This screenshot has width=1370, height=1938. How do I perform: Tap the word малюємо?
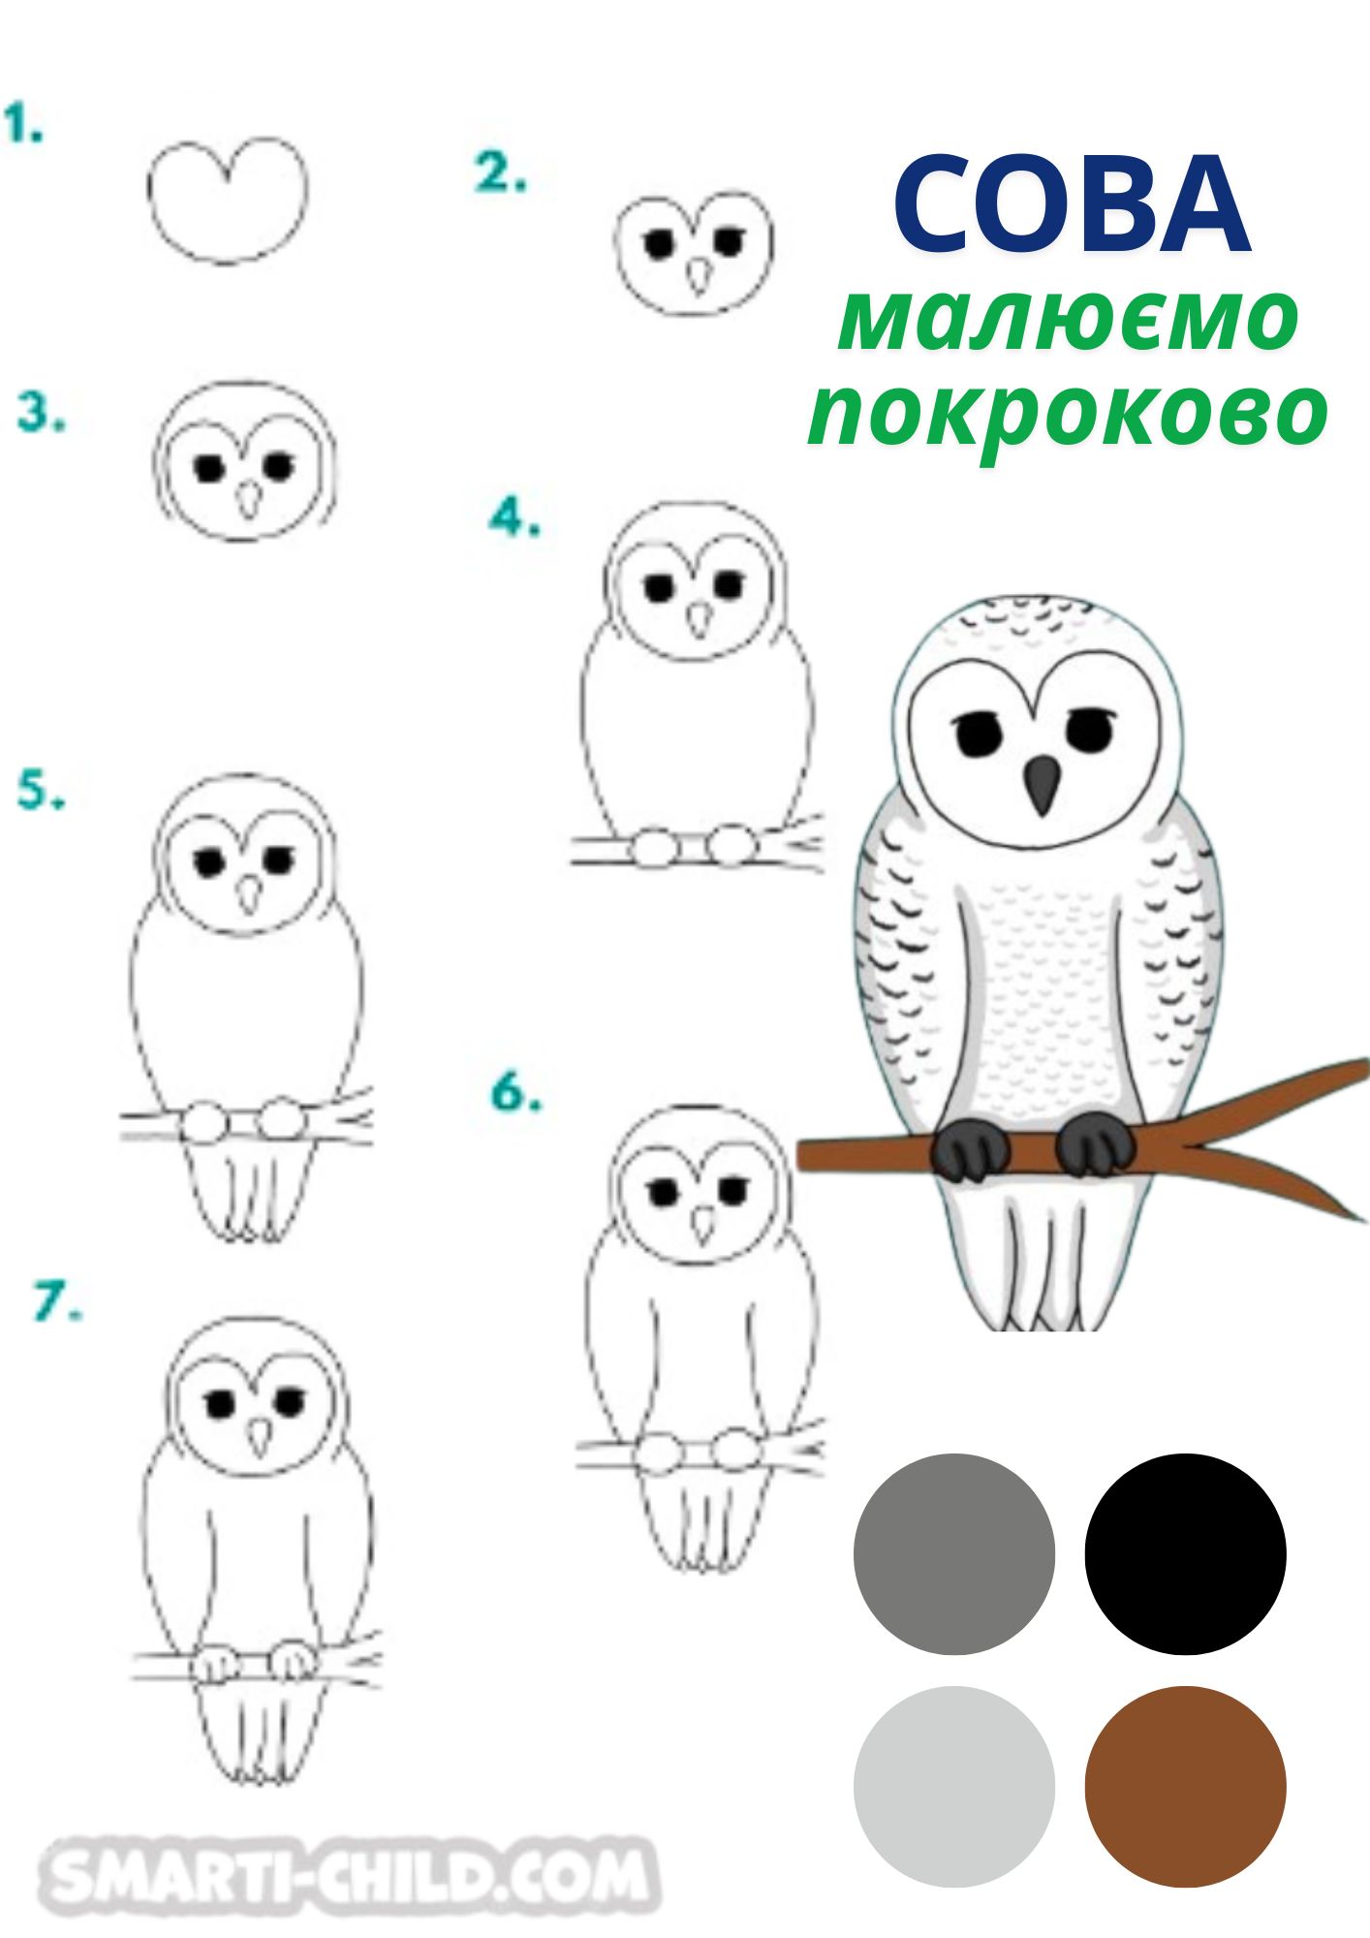click(1068, 319)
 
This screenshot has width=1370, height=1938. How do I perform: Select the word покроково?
click(1068, 415)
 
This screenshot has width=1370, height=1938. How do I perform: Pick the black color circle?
click(1185, 1554)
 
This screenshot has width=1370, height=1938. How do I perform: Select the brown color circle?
click(1185, 1787)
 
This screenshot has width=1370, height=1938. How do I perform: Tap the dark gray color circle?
click(954, 1554)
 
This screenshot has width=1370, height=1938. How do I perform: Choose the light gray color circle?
click(954, 1787)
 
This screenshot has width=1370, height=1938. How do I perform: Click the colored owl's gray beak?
click(1042, 783)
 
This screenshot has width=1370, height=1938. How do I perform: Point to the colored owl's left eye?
click(978, 734)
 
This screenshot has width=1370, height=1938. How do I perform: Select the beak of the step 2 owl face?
click(699, 276)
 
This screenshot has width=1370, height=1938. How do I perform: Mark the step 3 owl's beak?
click(250, 499)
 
